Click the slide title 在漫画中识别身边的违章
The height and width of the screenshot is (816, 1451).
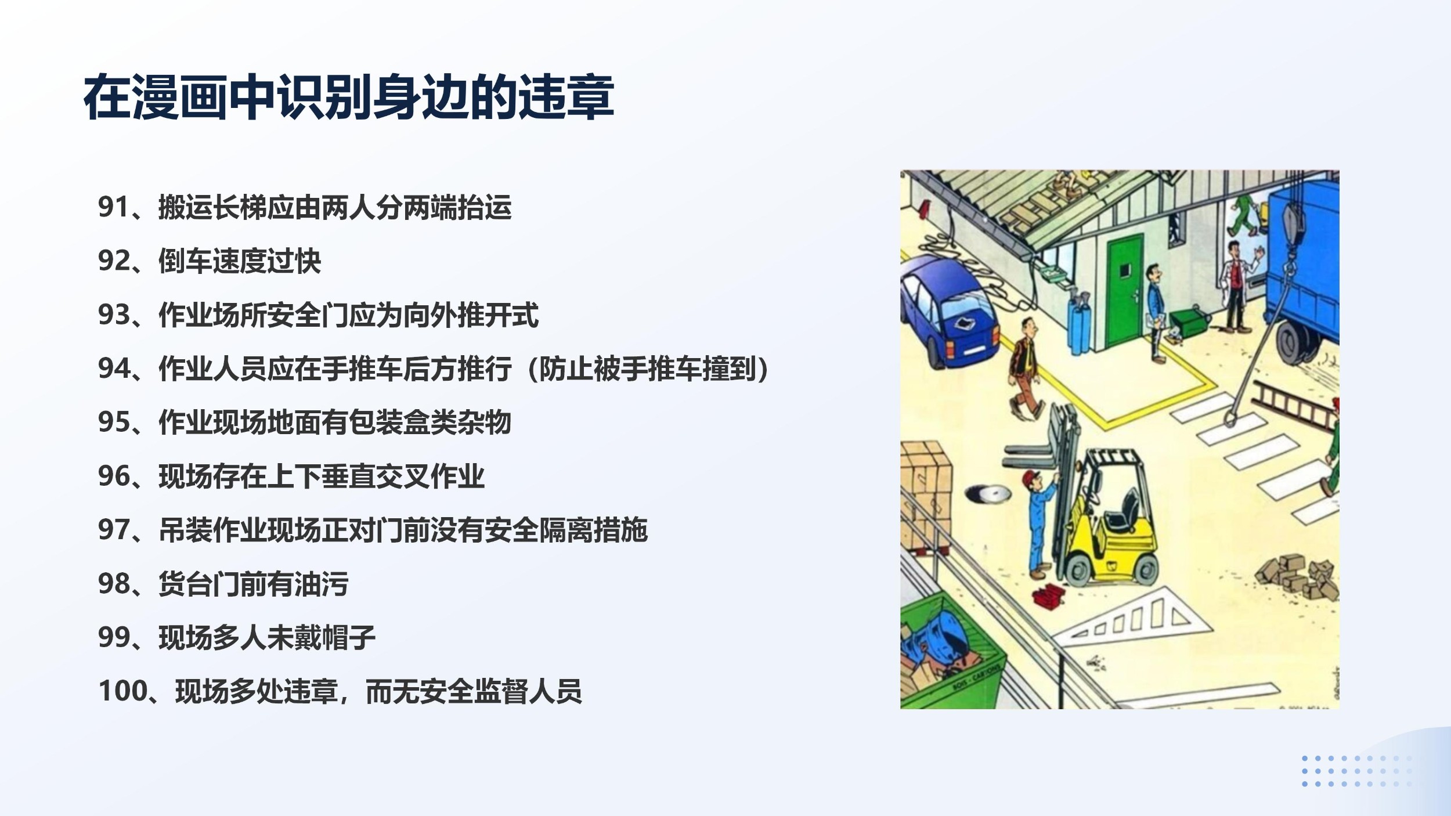pyautogui.click(x=349, y=97)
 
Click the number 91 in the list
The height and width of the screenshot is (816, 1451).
pyautogui.click(x=113, y=207)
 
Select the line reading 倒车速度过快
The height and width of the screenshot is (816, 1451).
pyautogui.click(x=240, y=261)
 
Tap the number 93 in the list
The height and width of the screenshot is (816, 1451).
pyautogui.click(x=113, y=315)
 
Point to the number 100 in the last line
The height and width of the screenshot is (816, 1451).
pyautogui.click(x=121, y=691)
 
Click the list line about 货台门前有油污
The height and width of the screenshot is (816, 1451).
pyautogui.click(x=254, y=584)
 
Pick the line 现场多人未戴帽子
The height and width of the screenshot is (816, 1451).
pyautogui.click(x=267, y=637)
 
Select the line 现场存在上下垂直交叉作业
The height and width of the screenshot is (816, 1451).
pyautogui.click(x=322, y=476)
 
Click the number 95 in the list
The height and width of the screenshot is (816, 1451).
pyautogui.click(x=113, y=423)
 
